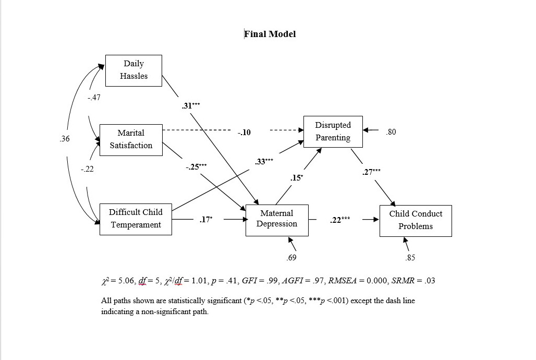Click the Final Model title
(x=270, y=34)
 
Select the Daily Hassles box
(x=133, y=70)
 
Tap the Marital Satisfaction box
(x=130, y=139)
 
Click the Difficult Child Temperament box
(x=136, y=219)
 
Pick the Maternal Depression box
(x=277, y=220)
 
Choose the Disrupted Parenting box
(x=333, y=131)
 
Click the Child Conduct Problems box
(x=416, y=220)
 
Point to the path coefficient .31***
(x=191, y=105)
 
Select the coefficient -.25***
(x=196, y=167)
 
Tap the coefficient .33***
(x=264, y=162)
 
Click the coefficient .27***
(x=371, y=172)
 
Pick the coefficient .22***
(x=340, y=220)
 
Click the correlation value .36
(x=65, y=139)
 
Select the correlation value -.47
(x=94, y=98)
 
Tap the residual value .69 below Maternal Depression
(x=291, y=258)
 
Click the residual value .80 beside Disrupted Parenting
(x=391, y=132)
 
